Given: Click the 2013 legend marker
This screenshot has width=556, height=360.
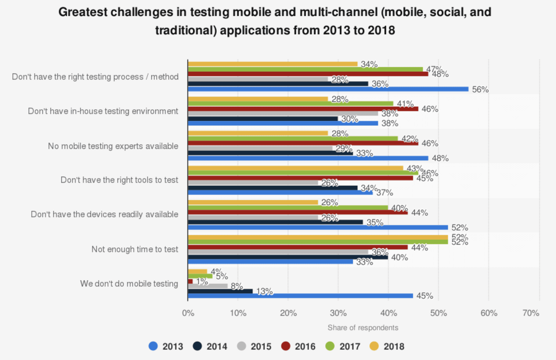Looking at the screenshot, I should (153, 346).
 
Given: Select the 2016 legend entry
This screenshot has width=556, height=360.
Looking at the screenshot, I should (299, 346).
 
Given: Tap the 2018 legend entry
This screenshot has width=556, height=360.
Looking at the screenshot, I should (387, 346).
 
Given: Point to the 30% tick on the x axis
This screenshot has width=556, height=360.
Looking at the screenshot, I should (338, 313).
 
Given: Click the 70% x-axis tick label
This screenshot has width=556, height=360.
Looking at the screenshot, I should (531, 313).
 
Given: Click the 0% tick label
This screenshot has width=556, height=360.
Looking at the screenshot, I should (188, 313).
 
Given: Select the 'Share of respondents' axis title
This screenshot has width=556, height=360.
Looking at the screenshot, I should (363, 328).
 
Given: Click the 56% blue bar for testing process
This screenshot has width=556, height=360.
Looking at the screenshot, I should (328, 89).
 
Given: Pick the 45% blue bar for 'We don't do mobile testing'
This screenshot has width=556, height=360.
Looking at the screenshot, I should (301, 296).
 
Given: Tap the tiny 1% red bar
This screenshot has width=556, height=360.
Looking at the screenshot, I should (190, 281).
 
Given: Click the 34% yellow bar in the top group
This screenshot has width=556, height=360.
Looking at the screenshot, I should (273, 64).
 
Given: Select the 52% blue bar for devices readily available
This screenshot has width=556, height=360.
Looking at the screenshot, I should (318, 227).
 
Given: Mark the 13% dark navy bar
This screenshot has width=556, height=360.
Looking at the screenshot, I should (220, 291).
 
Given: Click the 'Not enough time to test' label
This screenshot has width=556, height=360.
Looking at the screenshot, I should (135, 249).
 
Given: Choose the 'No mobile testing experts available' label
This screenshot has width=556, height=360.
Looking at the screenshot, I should (113, 146).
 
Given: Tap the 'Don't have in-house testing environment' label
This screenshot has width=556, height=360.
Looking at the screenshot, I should (103, 111).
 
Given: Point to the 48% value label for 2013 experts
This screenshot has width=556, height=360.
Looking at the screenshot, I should (440, 158).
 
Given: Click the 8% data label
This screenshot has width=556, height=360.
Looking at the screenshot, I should (237, 286).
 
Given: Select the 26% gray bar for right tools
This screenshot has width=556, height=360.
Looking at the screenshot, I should (253, 183).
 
